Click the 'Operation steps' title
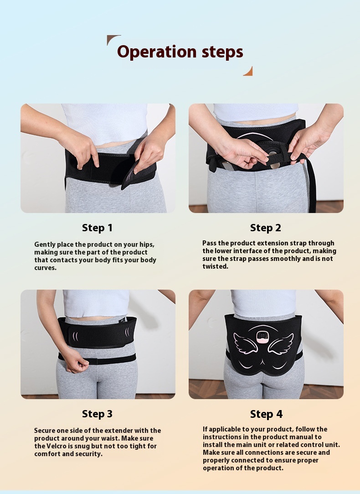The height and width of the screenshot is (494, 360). [x=180, y=52]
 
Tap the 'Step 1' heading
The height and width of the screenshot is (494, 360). [x=97, y=228]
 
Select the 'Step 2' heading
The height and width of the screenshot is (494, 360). [x=265, y=228]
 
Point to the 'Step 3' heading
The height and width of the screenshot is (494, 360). [x=97, y=414]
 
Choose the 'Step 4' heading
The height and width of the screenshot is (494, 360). [x=266, y=414]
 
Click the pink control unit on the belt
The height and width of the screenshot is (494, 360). [x=262, y=337]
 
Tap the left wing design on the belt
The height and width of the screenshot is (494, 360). [x=245, y=343]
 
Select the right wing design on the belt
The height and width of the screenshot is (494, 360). [x=280, y=344]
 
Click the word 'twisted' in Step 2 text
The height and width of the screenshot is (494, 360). [x=215, y=266]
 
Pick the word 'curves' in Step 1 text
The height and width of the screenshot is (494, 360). [x=45, y=268]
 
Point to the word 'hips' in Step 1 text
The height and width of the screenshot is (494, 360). [x=147, y=245]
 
